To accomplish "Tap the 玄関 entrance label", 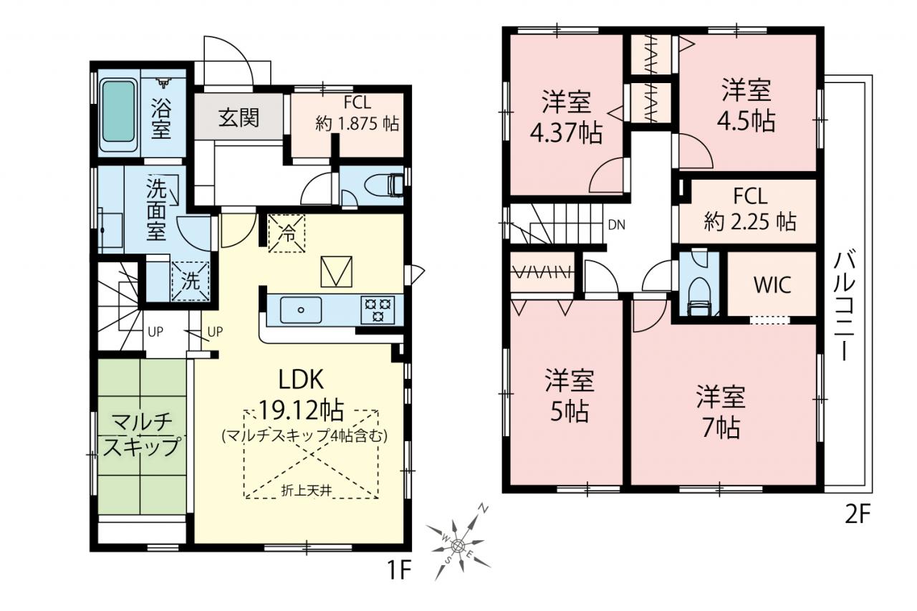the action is [239, 117].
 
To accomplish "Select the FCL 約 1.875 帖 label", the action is [357, 113].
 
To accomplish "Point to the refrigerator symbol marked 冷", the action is [287, 234].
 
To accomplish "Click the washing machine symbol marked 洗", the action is [191, 281].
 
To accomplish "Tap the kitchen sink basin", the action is [301, 310].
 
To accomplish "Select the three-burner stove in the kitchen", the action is [378, 309].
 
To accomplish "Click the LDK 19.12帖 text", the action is [302, 395].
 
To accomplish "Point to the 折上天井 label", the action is [306, 491].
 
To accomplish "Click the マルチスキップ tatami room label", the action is [141, 435].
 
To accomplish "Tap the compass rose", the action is [458, 544].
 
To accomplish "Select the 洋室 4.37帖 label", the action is [566, 117].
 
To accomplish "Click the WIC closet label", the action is [772, 284].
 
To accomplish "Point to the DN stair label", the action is [617, 225].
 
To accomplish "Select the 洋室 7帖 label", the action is [721, 412].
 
